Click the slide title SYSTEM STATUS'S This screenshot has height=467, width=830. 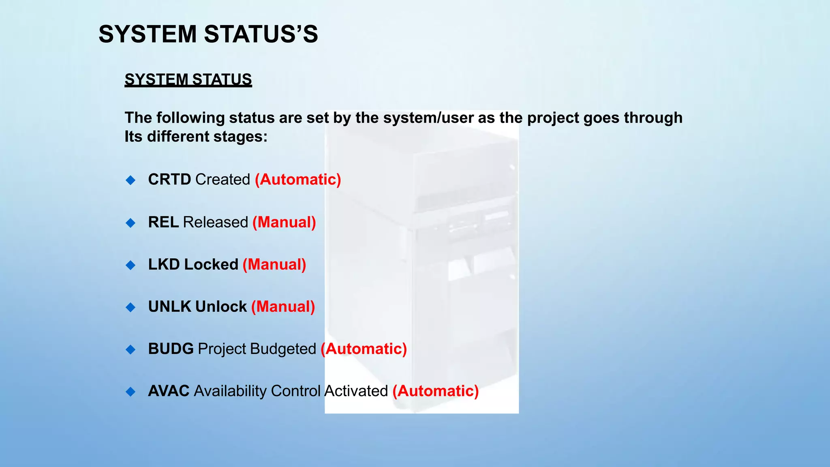pos(208,34)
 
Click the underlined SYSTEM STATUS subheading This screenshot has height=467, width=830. pos(188,79)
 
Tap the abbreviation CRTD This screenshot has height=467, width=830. pos(169,180)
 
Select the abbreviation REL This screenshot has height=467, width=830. pos(163,222)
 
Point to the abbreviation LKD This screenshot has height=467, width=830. pos(164,264)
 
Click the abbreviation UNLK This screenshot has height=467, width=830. pos(169,306)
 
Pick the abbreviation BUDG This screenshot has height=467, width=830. pos(171,349)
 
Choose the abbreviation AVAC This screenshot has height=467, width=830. pos(169,391)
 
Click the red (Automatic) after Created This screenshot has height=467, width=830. pos(298,180)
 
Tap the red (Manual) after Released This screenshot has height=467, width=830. pos(284,222)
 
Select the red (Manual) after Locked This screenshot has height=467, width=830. pos(274,264)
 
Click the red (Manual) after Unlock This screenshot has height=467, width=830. pos(283,306)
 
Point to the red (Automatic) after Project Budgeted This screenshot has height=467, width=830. pos(364,349)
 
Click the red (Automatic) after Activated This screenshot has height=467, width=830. pos(436,391)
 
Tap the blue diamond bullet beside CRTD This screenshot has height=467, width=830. pos(130,180)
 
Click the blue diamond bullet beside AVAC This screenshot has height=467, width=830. pos(130,392)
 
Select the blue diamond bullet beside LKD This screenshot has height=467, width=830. pos(130,265)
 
